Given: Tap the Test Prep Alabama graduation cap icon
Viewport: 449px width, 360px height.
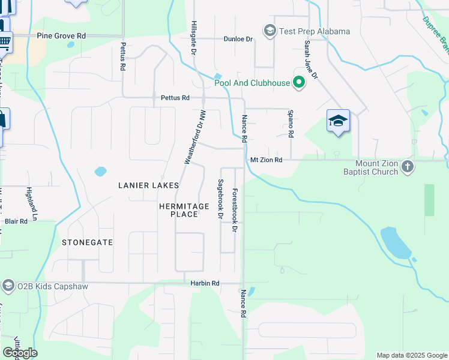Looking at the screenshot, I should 270,31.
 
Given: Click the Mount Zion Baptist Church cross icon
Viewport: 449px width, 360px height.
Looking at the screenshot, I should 408,166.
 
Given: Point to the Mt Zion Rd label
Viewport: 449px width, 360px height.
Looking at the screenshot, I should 266,160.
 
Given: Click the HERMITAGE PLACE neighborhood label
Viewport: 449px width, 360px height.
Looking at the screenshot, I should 184,210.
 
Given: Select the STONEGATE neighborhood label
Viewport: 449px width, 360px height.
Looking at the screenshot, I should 87,242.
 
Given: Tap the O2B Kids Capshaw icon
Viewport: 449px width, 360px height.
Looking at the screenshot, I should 8,286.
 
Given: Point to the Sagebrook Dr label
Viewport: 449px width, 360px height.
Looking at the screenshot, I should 221,199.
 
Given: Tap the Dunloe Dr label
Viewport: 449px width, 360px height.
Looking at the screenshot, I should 238,39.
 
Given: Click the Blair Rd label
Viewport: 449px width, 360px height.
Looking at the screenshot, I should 16,221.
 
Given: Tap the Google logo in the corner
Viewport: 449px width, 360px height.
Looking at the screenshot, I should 20,353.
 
